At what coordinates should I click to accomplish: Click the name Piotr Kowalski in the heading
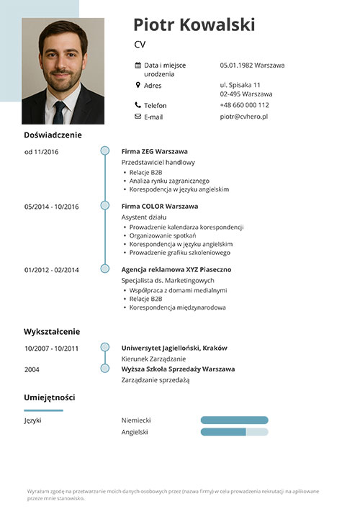[x=194, y=25]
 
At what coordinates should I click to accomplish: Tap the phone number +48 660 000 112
[x=244, y=105]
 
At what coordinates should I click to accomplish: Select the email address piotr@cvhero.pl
[x=243, y=117]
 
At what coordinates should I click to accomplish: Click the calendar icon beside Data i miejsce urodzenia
[x=138, y=66]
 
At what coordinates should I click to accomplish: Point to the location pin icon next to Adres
[x=138, y=85]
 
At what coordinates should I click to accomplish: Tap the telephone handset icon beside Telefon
[x=138, y=105]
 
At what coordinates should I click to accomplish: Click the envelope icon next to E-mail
[x=138, y=117]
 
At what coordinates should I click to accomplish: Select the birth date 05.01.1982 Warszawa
[x=252, y=66]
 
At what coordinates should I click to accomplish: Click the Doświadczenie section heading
[x=53, y=135]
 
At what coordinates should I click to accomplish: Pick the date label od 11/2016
[x=41, y=152]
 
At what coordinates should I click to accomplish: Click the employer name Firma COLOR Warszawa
[x=159, y=206]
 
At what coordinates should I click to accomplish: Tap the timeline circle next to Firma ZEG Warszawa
[x=105, y=151]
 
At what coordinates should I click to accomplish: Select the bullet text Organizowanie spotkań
[x=163, y=235]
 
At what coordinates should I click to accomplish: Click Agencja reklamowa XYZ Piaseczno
[x=176, y=270]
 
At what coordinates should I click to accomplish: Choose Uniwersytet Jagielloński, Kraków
[x=174, y=348]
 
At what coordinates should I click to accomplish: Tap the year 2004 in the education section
[x=32, y=369]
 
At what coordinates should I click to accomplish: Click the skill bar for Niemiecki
[x=233, y=420]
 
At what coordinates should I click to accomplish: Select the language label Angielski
[x=135, y=432]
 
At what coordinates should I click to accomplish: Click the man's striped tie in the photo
[x=59, y=113]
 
